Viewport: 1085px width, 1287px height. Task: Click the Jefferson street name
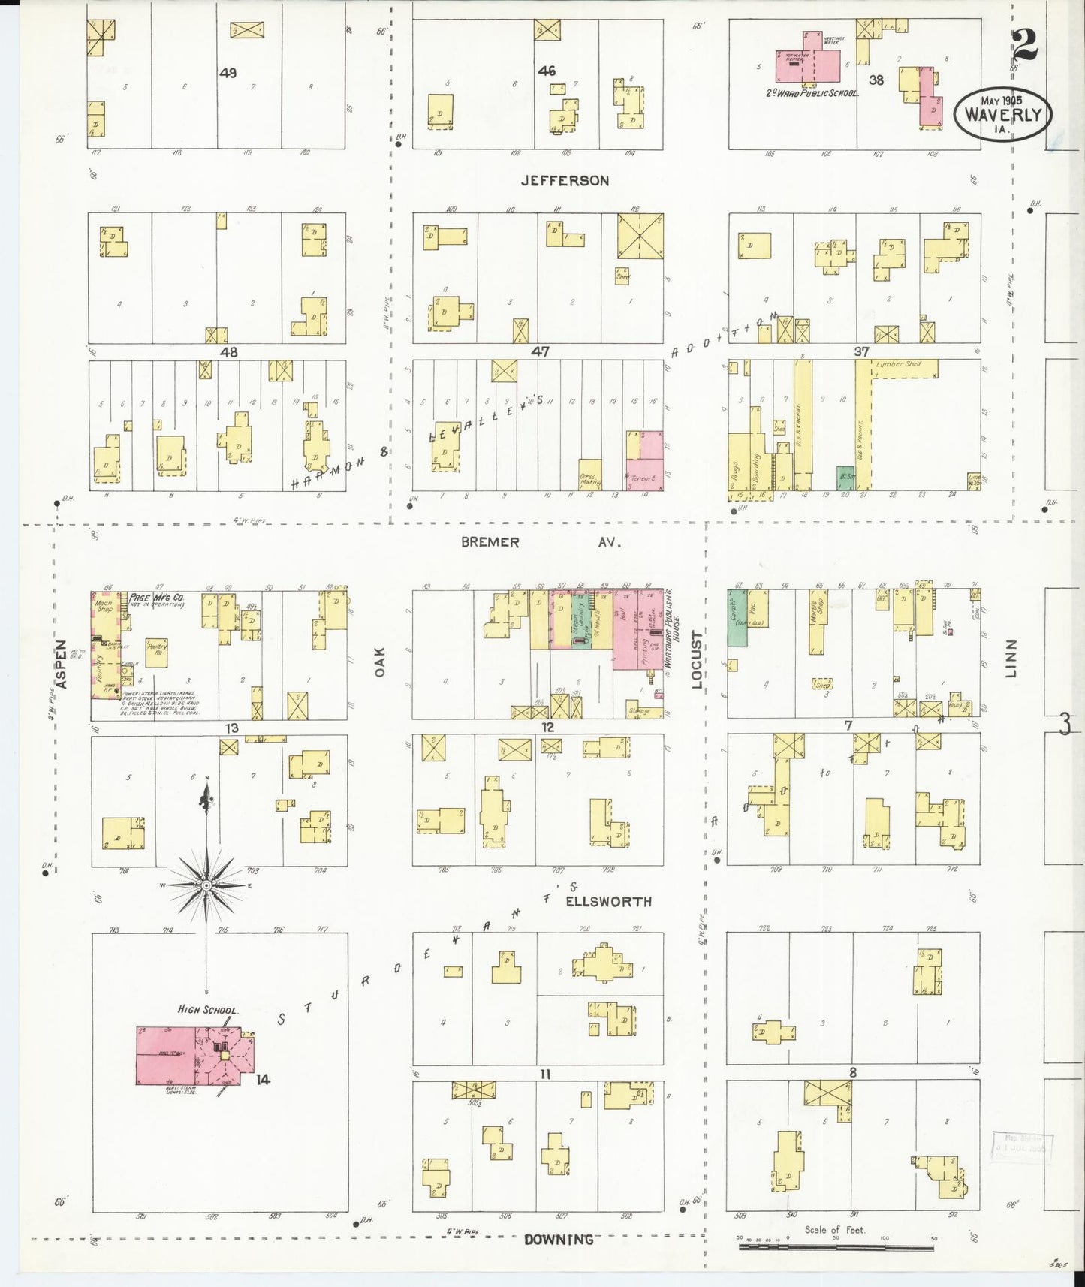click(x=565, y=181)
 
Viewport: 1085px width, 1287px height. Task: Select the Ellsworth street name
click(x=608, y=901)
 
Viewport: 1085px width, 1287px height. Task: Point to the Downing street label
click(x=559, y=1240)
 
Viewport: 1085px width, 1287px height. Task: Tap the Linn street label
click(x=1011, y=659)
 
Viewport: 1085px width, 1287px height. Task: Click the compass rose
click(x=206, y=886)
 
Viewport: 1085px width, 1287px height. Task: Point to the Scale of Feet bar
click(x=836, y=1247)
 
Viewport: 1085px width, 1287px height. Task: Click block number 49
click(x=228, y=73)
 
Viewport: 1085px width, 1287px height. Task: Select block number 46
click(x=547, y=71)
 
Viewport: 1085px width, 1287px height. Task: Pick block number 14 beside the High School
click(x=262, y=1080)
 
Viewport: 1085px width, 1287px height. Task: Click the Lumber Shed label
click(x=897, y=365)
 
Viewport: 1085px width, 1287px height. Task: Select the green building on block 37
click(x=846, y=478)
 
